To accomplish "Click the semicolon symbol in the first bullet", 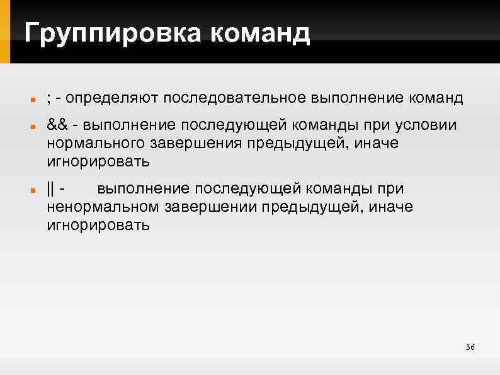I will point(48,99).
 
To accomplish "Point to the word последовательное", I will point(236,99).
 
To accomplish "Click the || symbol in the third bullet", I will point(50,188).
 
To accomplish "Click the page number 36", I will point(470,348).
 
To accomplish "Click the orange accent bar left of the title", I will point(6,32).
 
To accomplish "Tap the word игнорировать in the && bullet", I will point(98,162).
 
